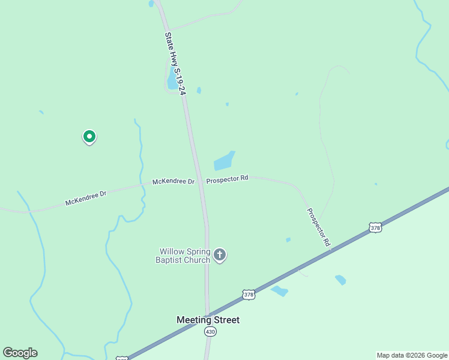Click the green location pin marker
pos(89,137)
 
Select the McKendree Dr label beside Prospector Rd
pos(173,181)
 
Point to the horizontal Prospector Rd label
pos(227,179)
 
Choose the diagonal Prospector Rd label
pos(319,228)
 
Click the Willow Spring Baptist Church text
pos(184,256)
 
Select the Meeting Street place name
pos(208,320)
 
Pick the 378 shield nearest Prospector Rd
pos(375,227)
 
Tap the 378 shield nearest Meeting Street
pos(249,294)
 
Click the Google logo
pos(20,353)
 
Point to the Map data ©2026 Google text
pos(412,355)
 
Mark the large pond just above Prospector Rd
pos(224,161)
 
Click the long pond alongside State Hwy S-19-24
pos(173,79)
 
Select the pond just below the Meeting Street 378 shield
pos(279,291)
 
